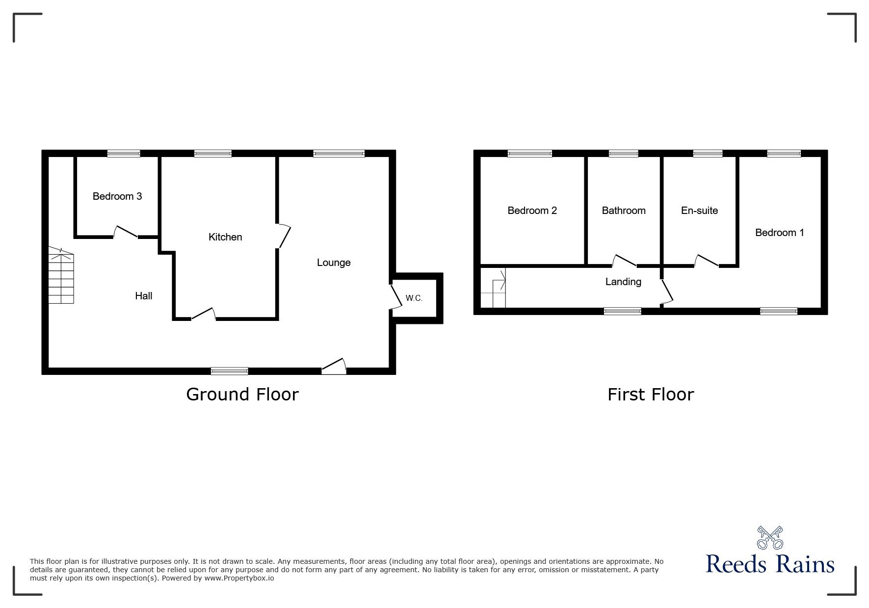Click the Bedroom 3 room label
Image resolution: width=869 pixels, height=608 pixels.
[x=117, y=196]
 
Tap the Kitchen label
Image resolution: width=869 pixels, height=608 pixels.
[x=225, y=237]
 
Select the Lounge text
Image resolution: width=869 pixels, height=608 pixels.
[x=334, y=263]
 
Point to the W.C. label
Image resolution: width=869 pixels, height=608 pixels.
[x=414, y=298]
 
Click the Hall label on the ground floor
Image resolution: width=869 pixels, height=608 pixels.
[x=144, y=296]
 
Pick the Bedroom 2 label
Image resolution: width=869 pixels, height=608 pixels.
[x=532, y=211]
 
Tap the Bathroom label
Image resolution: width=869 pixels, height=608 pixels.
[x=624, y=211]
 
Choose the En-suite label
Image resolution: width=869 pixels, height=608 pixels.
[x=700, y=211]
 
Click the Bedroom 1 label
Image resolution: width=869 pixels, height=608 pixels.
[x=780, y=233]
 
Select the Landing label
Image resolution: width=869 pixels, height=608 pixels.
[x=623, y=282]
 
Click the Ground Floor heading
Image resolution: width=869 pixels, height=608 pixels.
[x=242, y=395]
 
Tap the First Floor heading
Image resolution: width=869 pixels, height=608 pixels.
[x=651, y=395]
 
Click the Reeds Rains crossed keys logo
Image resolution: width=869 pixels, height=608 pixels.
[x=770, y=538]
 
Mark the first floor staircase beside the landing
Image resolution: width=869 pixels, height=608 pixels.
[x=493, y=288]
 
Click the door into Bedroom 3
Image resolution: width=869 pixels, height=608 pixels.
[x=126, y=232]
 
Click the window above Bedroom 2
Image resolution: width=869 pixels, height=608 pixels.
[x=530, y=154]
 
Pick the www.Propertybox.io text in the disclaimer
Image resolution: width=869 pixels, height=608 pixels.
[x=239, y=578]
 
